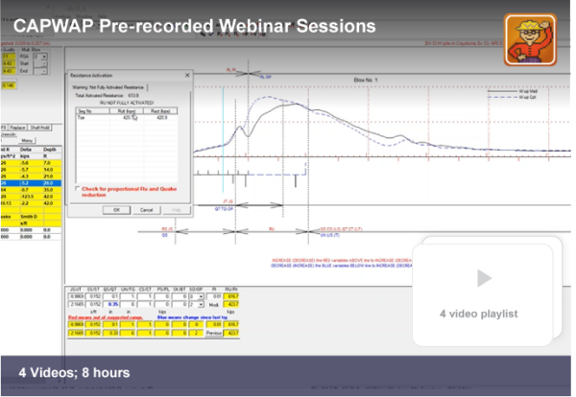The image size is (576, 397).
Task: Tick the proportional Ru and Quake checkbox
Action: pos(77,189)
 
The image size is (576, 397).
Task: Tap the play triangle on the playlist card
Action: pos(484,278)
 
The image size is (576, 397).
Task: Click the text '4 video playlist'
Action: pos(479,313)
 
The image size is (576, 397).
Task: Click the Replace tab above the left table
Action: pos(19,127)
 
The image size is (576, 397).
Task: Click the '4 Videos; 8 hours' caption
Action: pos(74,371)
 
